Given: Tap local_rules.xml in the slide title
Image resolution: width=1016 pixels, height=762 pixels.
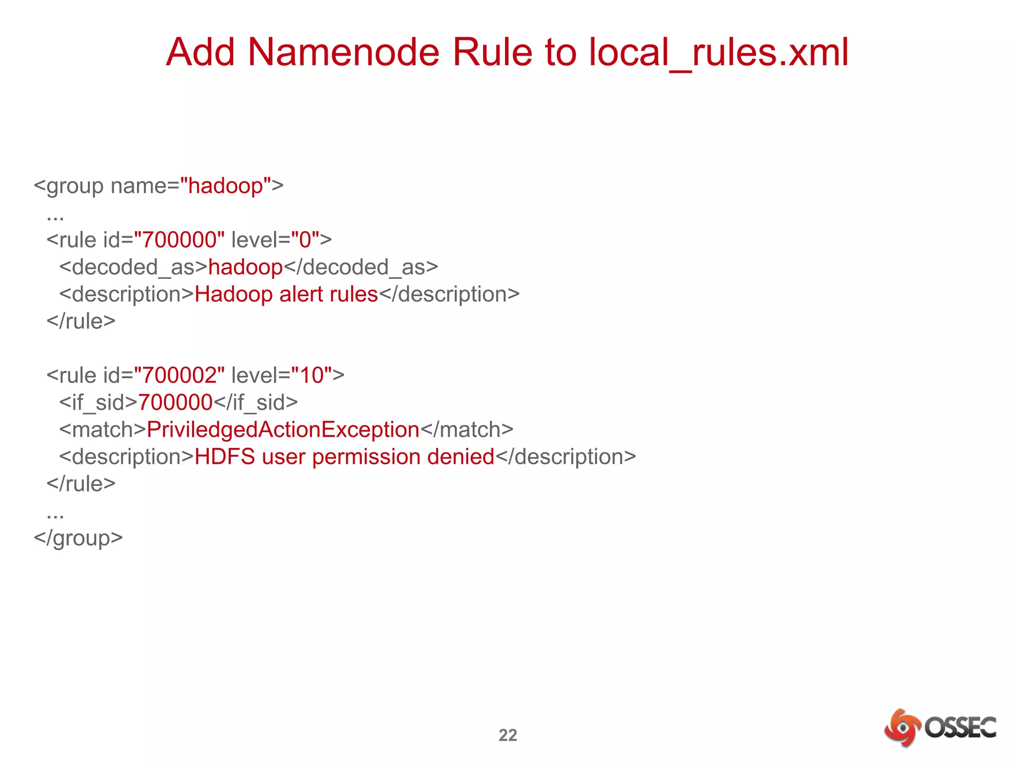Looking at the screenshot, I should pos(719,52).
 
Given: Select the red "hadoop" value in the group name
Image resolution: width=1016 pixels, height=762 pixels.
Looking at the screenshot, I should pos(226,186).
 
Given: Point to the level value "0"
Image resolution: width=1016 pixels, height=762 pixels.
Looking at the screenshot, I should pos(305,240).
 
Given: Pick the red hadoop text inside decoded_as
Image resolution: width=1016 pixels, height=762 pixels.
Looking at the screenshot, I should pos(245,267).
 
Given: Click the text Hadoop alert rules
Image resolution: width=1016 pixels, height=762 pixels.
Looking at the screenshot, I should pos(286,294).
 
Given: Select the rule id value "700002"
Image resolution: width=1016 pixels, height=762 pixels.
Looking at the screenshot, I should pos(179,376).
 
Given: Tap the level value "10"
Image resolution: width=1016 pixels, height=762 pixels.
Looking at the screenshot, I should pos(311,376).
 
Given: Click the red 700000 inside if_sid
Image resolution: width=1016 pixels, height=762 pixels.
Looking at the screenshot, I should pos(175,402).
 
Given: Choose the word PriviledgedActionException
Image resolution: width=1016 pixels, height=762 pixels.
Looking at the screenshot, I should pos(283,430).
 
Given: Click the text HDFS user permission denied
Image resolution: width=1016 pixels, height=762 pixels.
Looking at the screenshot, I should pos(344,457).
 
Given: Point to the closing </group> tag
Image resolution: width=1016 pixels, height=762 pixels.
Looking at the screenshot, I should pos(78,538).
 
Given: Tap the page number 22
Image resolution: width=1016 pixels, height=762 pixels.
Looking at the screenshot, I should pos(508,735).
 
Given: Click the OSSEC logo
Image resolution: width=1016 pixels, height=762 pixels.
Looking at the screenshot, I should pos(940,728).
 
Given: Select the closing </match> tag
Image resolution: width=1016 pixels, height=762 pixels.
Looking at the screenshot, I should pos(467,430).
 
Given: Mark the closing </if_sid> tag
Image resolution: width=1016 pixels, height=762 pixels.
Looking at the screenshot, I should pos(255,402).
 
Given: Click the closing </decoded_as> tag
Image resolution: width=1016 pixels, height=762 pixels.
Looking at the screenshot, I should pos(361,267).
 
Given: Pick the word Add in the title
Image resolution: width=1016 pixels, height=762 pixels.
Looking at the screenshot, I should pos(200,52).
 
